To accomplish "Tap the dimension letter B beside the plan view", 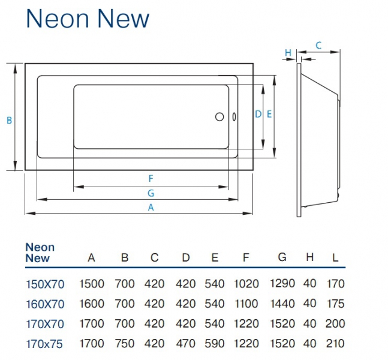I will pyautogui.click(x=9, y=121).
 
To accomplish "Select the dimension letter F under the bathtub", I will pyautogui.click(x=151, y=178).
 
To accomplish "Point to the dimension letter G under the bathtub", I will pyautogui.click(x=151, y=193).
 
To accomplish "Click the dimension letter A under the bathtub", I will pyautogui.click(x=151, y=207).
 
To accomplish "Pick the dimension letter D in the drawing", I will pyautogui.click(x=258, y=114).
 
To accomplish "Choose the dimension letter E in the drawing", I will pyautogui.click(x=269, y=114).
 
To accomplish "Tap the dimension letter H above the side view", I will pyautogui.click(x=288, y=53).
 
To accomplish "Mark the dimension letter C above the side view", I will pyautogui.click(x=318, y=45).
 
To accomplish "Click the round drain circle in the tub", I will pyautogui.click(x=219, y=117).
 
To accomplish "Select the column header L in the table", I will pyautogui.click(x=335, y=258).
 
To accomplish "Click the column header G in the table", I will pyautogui.click(x=282, y=258).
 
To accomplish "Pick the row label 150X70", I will pyautogui.click(x=45, y=284).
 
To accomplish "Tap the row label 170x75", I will pyautogui.click(x=45, y=344).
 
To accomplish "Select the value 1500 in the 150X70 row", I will pyautogui.click(x=92, y=284).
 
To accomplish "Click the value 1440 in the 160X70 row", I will pyautogui.click(x=283, y=304).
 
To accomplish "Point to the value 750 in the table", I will pyautogui.click(x=124, y=344).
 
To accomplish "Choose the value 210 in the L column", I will pyautogui.click(x=335, y=344).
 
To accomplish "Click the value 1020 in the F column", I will pyautogui.click(x=246, y=284).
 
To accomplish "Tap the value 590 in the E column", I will pyautogui.click(x=215, y=344).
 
